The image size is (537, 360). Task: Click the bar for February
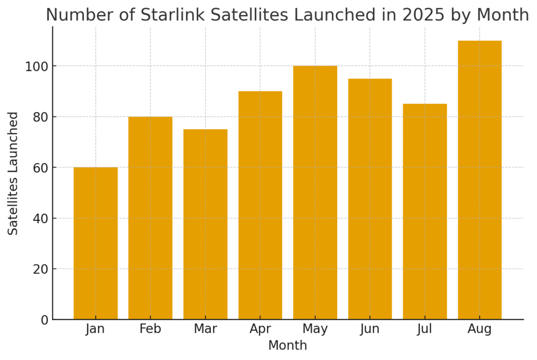coord(151,218)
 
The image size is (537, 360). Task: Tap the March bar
coord(205,224)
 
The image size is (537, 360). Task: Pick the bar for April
coord(260,205)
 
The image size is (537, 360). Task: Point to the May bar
coord(315,193)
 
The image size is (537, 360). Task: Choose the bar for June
coord(370,199)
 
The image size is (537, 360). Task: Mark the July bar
coord(425,211)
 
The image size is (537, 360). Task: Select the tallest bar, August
coord(479,180)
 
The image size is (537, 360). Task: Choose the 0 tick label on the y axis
coord(44,320)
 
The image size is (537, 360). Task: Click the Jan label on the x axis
coord(95,330)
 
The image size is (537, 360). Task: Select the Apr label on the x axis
coord(260,330)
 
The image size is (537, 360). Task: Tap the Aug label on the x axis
coord(479,330)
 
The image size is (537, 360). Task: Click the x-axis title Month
coord(287,346)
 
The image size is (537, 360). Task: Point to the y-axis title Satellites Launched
coord(14,173)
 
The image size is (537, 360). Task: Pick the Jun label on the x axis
coord(370,330)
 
